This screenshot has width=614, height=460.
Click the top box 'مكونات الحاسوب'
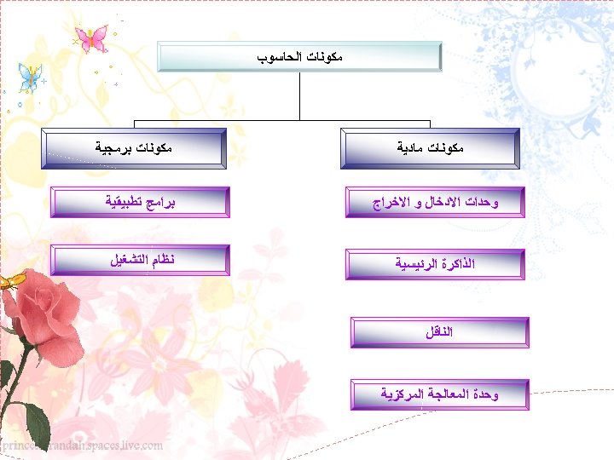pyautogui.click(x=300, y=56)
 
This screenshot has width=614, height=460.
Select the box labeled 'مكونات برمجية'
pyautogui.click(x=134, y=147)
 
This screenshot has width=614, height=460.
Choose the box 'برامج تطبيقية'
pyautogui.click(x=140, y=202)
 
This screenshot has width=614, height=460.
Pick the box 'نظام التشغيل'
pyautogui.click(x=140, y=259)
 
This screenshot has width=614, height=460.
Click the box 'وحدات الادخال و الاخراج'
pyautogui.click(x=435, y=203)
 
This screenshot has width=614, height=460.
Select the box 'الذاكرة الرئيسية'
pyautogui.click(x=435, y=264)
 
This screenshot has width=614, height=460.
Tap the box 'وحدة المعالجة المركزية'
pyautogui.click(x=438, y=394)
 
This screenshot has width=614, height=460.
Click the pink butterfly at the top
pyautogui.click(x=91, y=37)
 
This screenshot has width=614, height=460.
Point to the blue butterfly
pyautogui.click(x=30, y=78)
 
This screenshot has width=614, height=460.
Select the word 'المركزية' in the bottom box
pyautogui.click(x=402, y=394)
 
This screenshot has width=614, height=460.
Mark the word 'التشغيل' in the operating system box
pyautogui.click(x=126, y=259)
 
